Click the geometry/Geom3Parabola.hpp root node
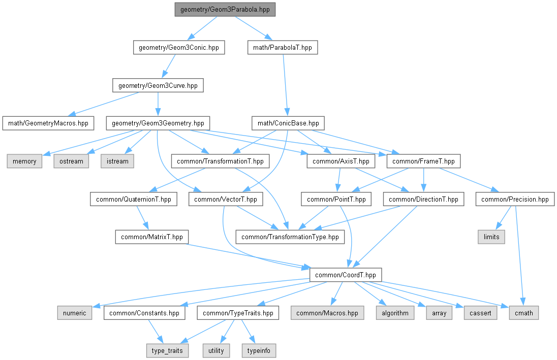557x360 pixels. click(x=225, y=10)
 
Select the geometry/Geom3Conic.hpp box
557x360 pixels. click(x=178, y=48)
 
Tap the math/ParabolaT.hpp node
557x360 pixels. click(x=283, y=48)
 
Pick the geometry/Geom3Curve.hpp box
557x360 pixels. click(x=158, y=85)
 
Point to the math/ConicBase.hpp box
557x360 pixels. click(x=288, y=123)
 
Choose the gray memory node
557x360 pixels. click(x=24, y=161)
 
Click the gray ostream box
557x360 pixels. click(x=71, y=161)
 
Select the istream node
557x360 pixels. click(x=117, y=161)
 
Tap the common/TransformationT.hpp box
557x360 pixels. click(x=220, y=161)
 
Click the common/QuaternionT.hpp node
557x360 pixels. click(x=134, y=199)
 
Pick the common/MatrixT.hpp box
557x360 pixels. click(x=152, y=237)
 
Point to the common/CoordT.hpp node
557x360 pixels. click(x=345, y=275)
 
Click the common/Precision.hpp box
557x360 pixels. click(x=515, y=199)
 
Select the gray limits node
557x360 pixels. click(x=491, y=237)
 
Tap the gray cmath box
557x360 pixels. click(x=523, y=313)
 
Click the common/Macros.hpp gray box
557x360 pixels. click(x=327, y=313)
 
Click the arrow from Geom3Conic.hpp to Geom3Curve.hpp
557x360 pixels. click(x=168, y=67)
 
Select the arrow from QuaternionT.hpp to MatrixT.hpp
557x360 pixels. click(x=142, y=218)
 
